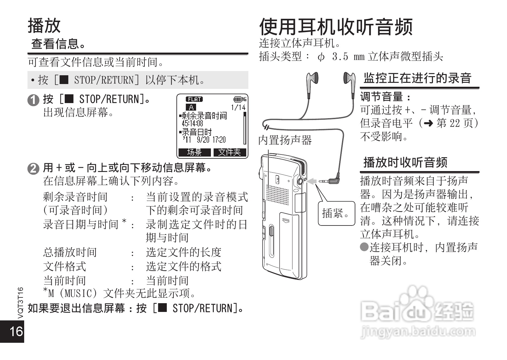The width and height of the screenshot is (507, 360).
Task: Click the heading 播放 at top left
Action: (44, 25)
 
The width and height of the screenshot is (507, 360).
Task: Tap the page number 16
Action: (16, 332)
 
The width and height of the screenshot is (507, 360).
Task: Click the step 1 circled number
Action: (33, 100)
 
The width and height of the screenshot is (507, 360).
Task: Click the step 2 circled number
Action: (33, 169)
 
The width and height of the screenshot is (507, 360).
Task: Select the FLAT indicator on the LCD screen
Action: (194, 99)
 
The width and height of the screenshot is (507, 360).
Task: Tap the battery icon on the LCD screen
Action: (238, 99)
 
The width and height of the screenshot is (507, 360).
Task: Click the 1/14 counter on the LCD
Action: (238, 107)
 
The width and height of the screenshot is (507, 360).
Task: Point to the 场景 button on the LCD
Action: (194, 152)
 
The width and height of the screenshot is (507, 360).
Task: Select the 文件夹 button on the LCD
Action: (230, 152)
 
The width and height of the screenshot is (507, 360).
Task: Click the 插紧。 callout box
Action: (336, 213)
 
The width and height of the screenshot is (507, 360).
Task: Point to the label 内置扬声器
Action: (285, 140)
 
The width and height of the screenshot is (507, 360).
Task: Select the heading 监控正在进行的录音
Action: (417, 78)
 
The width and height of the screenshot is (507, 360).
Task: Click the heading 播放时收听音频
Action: (405, 162)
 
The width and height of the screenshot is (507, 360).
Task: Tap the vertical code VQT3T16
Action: (20, 302)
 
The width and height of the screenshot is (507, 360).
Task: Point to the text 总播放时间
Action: (70, 252)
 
